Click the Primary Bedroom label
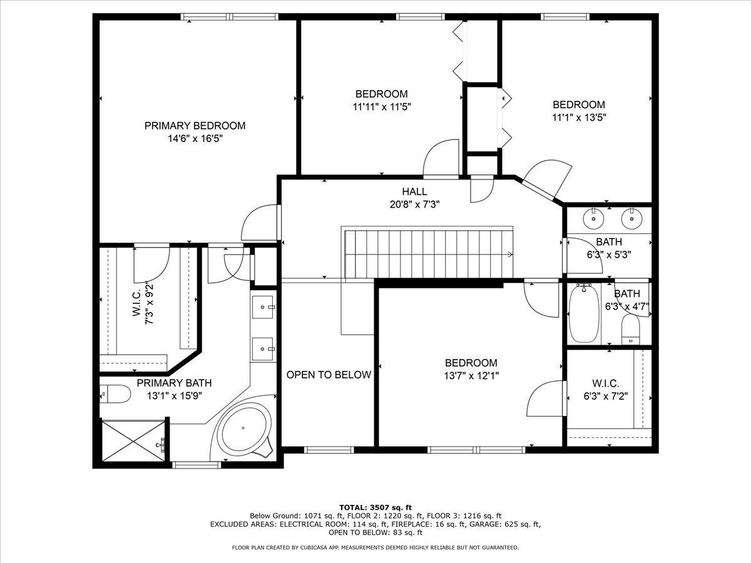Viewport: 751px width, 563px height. (195, 126)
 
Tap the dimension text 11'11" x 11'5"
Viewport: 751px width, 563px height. (382, 107)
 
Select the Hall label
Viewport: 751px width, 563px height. (414, 191)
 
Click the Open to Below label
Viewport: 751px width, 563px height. (329, 375)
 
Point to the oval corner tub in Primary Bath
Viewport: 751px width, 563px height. (243, 429)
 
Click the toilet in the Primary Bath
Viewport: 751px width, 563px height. (115, 394)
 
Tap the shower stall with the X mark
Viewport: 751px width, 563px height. (134, 441)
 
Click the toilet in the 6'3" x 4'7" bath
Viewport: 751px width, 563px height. (630, 329)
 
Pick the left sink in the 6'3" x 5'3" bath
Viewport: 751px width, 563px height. (594, 218)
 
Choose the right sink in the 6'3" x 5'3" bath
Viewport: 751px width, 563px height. (631, 218)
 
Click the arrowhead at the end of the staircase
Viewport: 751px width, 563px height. (510, 255)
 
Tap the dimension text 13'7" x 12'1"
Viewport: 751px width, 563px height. (471, 376)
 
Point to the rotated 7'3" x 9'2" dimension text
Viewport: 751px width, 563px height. (150, 303)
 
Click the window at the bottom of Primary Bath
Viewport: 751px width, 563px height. (197, 465)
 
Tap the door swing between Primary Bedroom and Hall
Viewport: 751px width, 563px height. (259, 223)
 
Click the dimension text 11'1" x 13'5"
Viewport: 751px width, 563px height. (579, 118)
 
